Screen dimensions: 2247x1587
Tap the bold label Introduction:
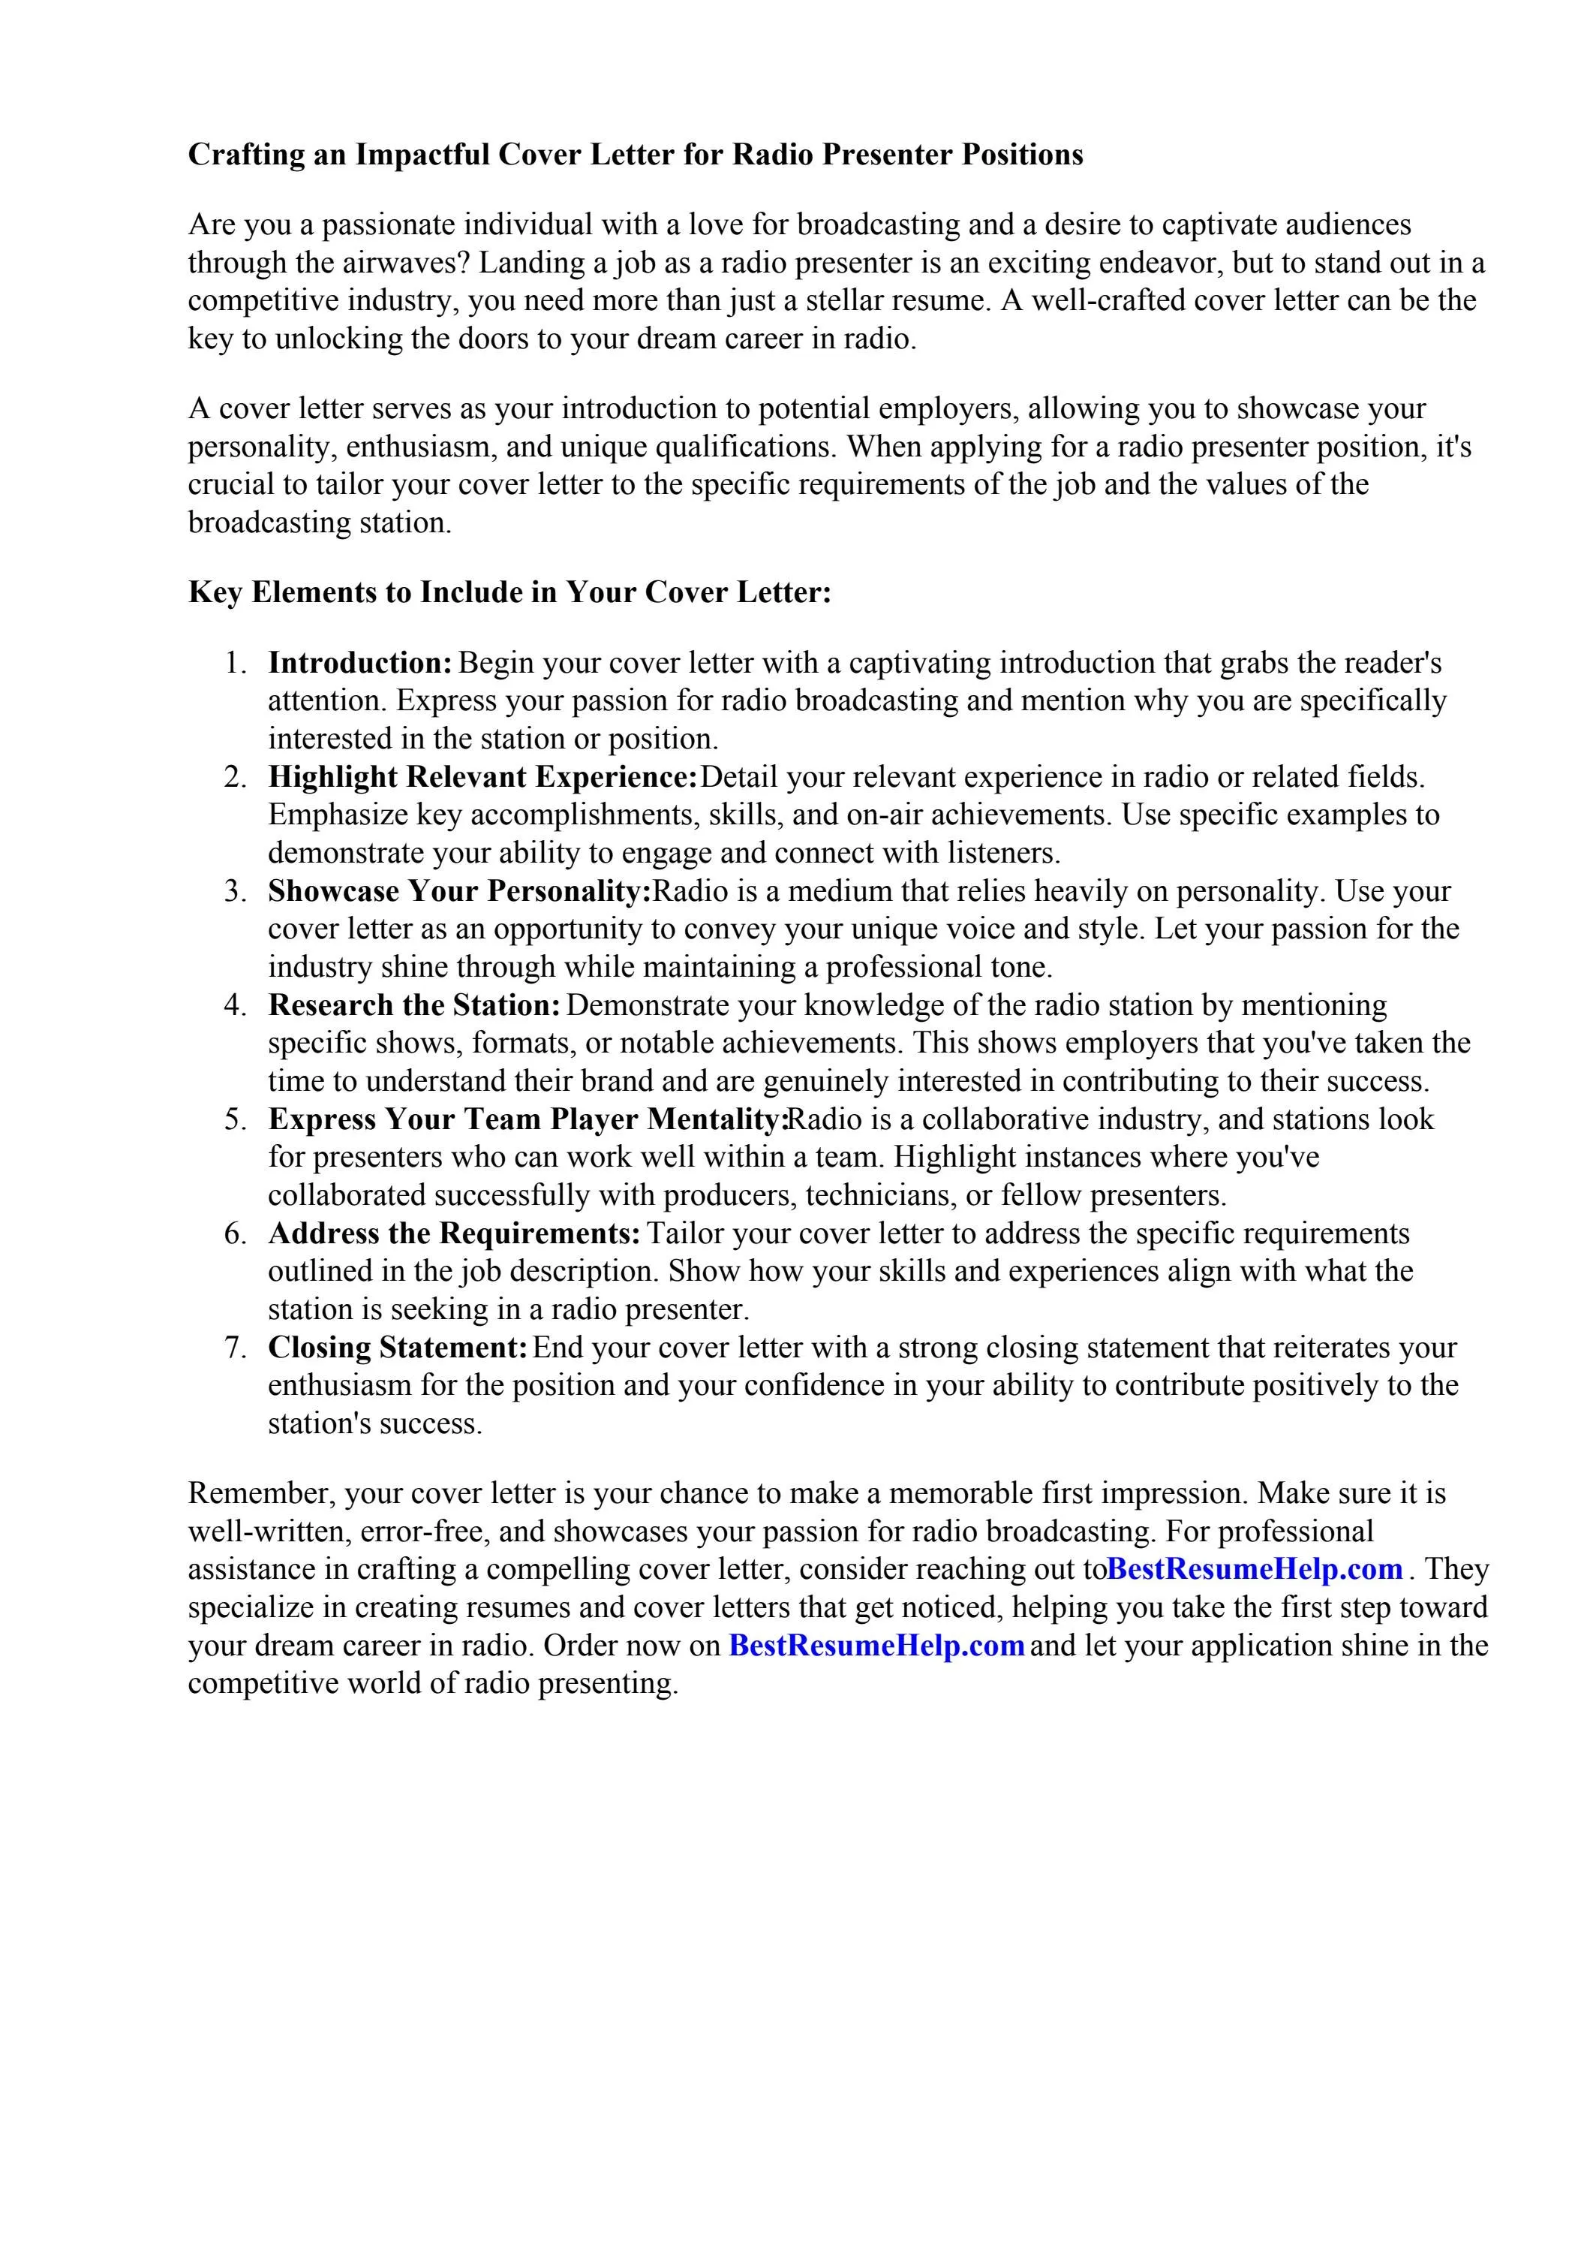coord(360,663)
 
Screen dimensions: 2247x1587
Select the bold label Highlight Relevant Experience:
coord(482,777)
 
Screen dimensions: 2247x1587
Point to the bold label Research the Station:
coord(414,1005)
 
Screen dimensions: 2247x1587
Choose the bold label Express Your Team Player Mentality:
coord(528,1119)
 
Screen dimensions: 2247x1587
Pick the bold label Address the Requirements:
coord(454,1233)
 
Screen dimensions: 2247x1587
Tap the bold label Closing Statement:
coord(398,1348)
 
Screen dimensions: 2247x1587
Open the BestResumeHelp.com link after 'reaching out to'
coord(1255,1569)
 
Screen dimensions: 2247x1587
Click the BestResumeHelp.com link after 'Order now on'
coord(876,1645)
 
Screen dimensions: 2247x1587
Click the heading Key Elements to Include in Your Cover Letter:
coord(509,592)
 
